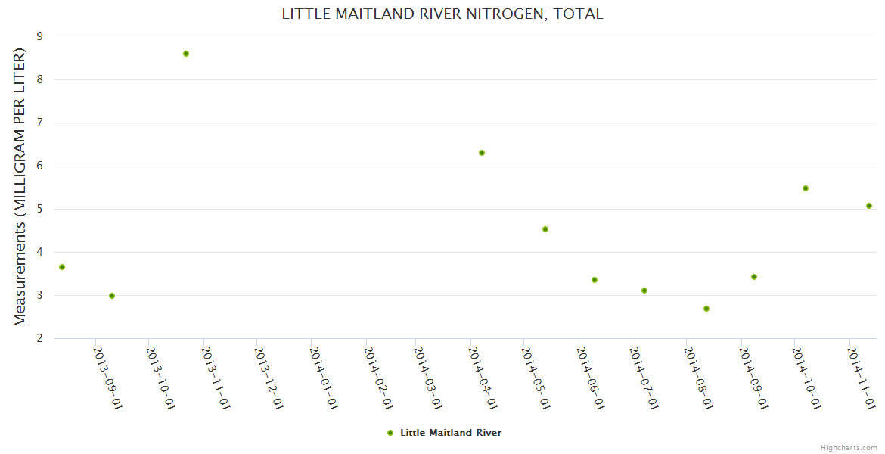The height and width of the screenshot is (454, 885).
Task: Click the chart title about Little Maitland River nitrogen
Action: point(442,14)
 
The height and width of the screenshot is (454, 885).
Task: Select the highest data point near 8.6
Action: point(186,54)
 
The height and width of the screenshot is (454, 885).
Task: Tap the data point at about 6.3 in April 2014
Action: point(482,153)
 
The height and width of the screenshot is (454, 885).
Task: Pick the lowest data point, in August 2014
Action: point(706,309)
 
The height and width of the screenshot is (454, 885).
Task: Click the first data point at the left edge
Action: point(62,267)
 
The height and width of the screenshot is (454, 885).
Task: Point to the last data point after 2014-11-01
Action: point(869,206)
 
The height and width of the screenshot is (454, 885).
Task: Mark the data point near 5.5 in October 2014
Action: point(806,188)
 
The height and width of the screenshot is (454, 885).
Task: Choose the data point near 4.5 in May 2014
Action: point(545,229)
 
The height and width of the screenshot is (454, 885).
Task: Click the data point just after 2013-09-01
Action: point(112,296)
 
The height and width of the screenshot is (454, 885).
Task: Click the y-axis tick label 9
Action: point(40,36)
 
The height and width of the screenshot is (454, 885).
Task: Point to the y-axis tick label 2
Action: point(40,339)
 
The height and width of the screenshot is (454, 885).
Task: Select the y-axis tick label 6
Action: point(40,166)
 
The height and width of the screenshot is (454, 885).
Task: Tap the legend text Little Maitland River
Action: point(451,433)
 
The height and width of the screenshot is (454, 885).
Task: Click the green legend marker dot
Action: point(390,433)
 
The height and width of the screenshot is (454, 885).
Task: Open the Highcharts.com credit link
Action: point(849,448)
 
